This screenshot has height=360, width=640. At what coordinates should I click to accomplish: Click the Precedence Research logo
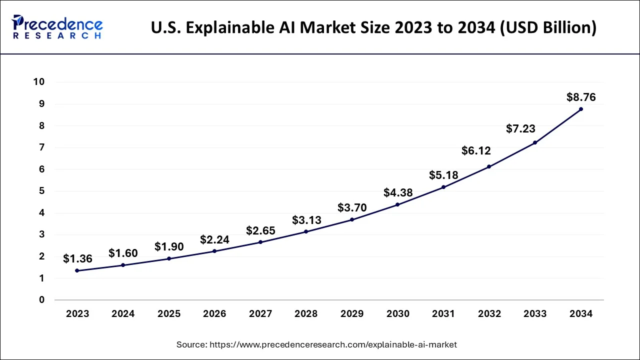(x=57, y=27)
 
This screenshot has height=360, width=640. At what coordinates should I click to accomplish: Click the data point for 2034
(x=580, y=109)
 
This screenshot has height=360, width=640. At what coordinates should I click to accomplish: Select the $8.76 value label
(x=581, y=97)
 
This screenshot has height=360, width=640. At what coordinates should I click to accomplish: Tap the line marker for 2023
(x=77, y=270)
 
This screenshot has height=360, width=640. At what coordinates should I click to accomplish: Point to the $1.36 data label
(x=77, y=259)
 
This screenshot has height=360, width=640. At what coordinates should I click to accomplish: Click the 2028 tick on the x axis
(x=306, y=314)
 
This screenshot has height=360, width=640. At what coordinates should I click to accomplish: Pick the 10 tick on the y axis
(x=39, y=82)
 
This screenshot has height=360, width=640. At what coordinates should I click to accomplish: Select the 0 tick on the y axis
(x=42, y=300)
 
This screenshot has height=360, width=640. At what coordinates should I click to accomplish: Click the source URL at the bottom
(x=317, y=344)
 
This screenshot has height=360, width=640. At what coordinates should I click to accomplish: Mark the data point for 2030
(x=397, y=204)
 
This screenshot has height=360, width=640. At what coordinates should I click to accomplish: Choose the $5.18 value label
(x=443, y=175)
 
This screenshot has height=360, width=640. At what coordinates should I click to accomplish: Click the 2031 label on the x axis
(x=443, y=314)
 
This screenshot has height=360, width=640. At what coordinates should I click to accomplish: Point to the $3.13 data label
(x=306, y=220)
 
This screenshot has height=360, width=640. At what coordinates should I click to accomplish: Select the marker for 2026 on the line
(x=214, y=251)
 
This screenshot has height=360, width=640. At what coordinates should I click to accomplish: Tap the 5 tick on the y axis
(x=42, y=191)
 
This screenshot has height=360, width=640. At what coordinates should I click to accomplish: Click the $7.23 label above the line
(x=520, y=128)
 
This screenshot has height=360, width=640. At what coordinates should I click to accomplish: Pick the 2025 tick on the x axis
(x=169, y=314)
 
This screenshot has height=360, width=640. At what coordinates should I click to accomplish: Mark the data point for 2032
(x=489, y=166)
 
